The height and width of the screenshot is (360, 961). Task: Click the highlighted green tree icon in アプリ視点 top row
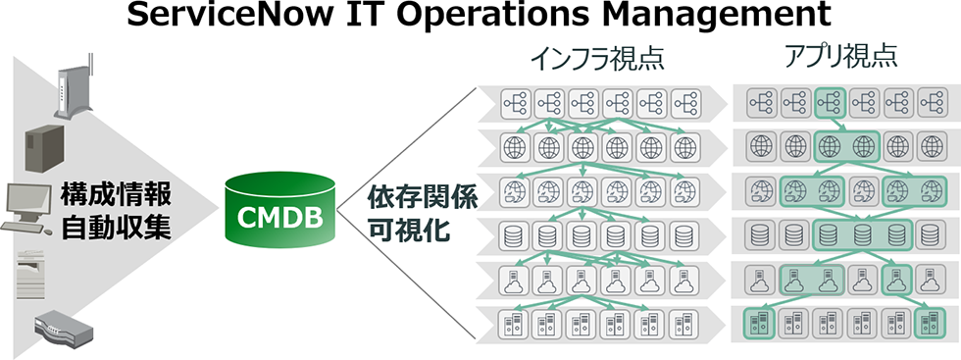pos(830,100)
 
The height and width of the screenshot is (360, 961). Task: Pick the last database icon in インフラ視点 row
pos(682,235)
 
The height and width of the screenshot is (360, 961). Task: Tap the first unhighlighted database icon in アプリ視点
pos(759,234)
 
